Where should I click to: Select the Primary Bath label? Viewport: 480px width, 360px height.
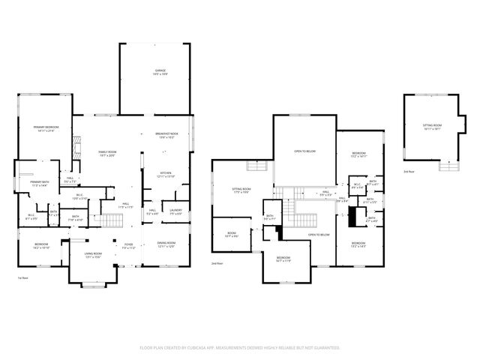40,183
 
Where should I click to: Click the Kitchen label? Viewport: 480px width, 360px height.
166,175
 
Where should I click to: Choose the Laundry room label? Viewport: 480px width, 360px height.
175,211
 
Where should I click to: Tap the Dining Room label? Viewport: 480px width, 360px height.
166,245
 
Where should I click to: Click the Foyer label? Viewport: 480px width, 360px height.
128,245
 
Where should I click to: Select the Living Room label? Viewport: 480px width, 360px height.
93,256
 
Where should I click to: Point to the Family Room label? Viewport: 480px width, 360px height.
107,153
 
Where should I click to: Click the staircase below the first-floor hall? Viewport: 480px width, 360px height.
111,220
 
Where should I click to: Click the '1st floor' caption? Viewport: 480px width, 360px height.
22,278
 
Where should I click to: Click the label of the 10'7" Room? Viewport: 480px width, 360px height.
232,234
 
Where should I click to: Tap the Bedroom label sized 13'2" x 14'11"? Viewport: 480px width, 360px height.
358,155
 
